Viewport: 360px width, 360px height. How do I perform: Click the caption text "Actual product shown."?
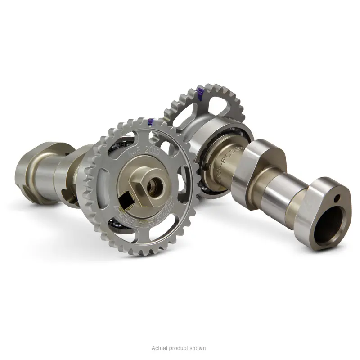[x=180, y=348]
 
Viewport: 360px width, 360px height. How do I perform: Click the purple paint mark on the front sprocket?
[x=150, y=122]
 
